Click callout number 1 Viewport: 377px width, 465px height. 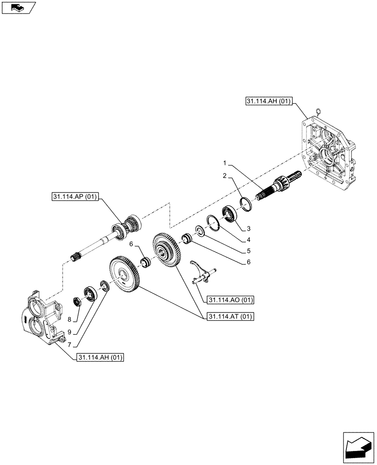tap(224, 163)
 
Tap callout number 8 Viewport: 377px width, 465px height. tap(70, 319)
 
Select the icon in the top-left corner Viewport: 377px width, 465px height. tap(18, 8)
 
